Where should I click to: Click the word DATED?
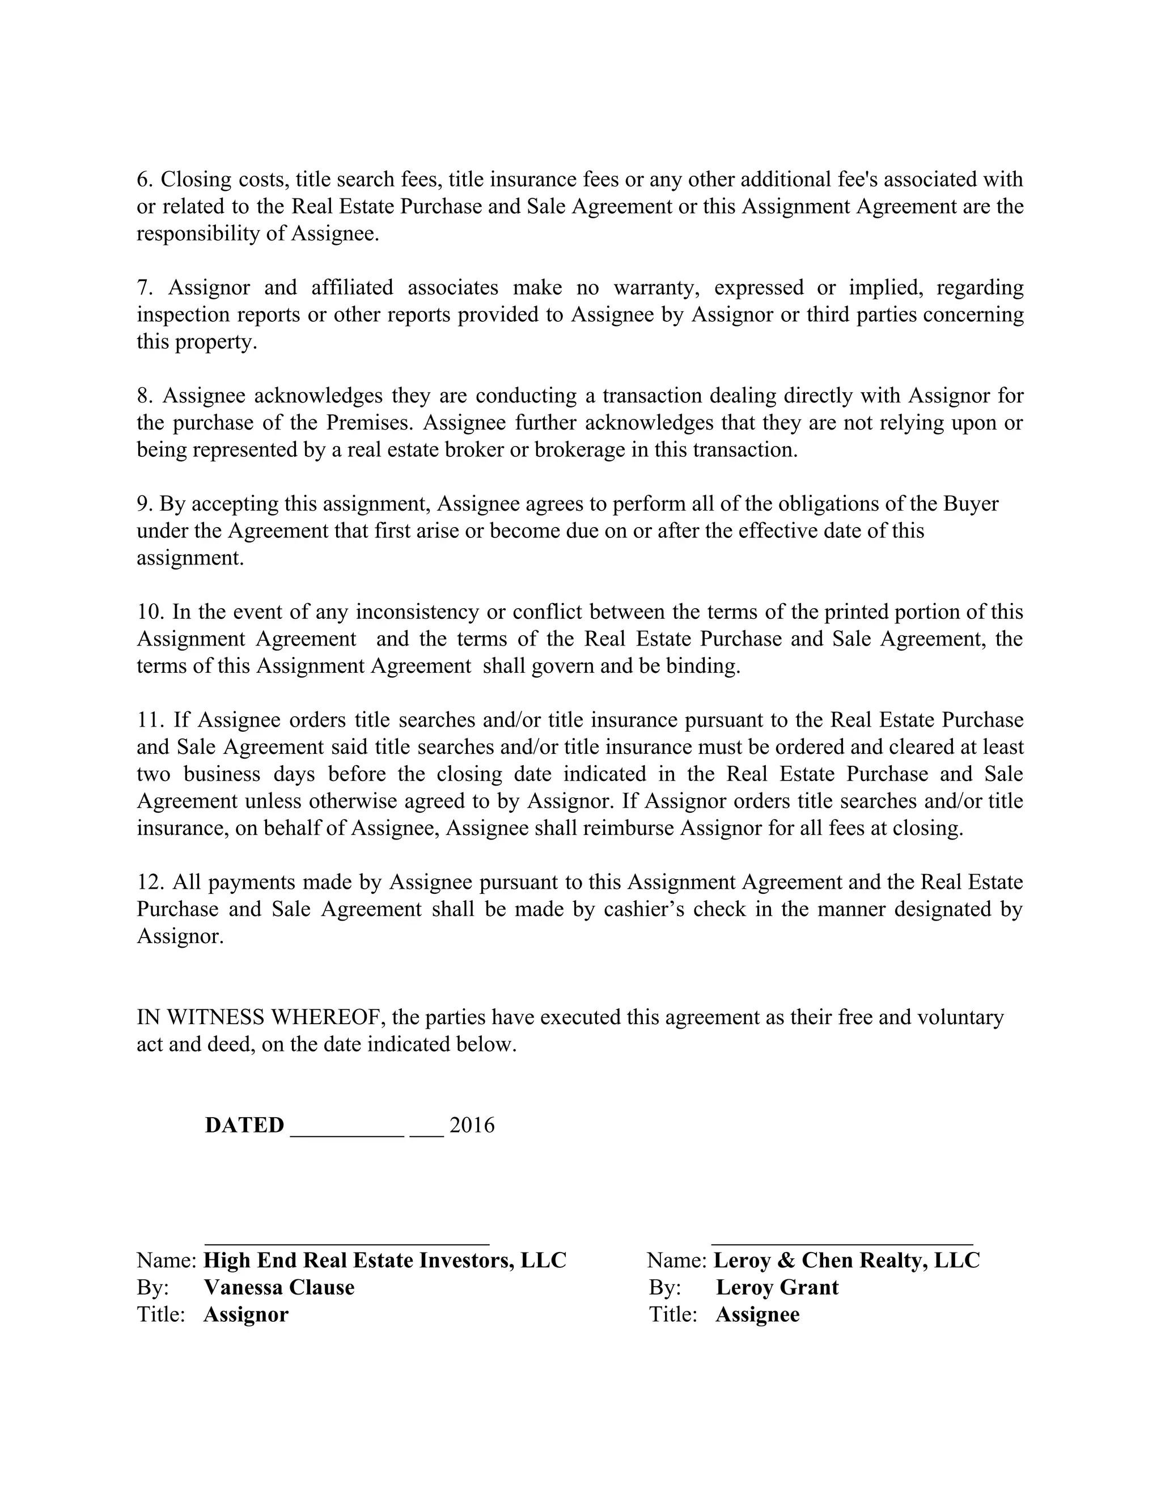tap(244, 1125)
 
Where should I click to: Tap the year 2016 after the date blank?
tap(472, 1125)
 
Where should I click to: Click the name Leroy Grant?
tap(777, 1287)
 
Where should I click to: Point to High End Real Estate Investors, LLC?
tap(385, 1260)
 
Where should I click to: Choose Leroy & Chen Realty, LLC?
tap(846, 1260)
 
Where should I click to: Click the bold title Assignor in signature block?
tap(245, 1314)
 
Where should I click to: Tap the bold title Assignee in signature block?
tap(757, 1314)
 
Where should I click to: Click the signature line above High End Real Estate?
tap(348, 1244)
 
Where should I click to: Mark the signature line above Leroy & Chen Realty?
tap(842, 1244)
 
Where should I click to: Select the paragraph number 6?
tap(144, 180)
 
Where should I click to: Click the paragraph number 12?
tap(149, 882)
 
